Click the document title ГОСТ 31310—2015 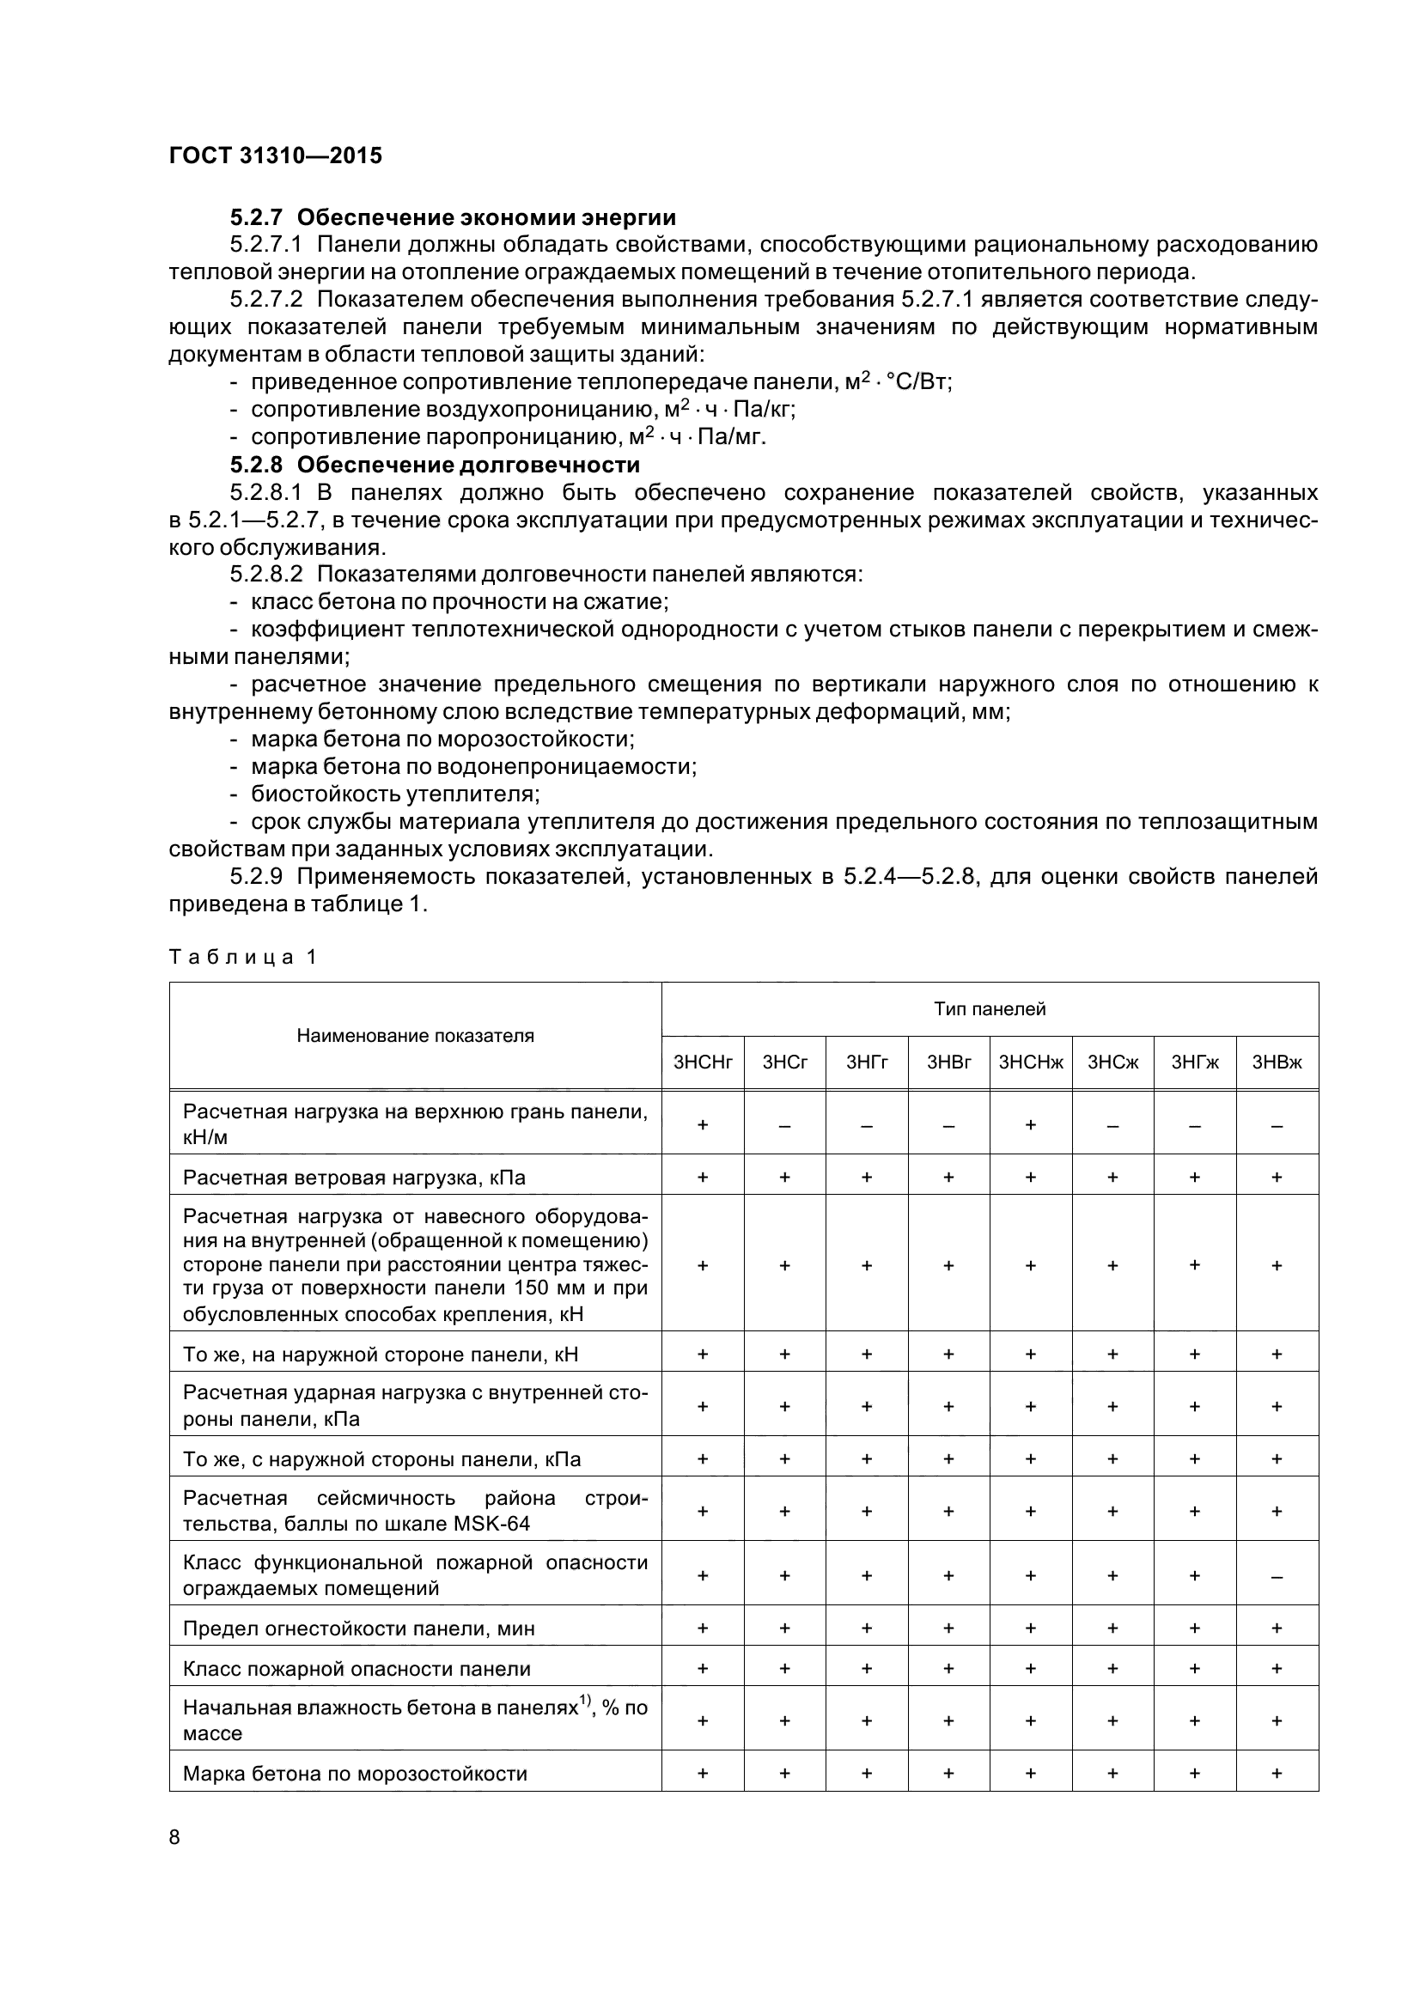pyautogui.click(x=276, y=155)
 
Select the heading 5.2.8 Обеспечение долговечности pyautogui.click(x=435, y=464)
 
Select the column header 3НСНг pyautogui.click(x=703, y=1062)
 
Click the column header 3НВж pyautogui.click(x=1277, y=1062)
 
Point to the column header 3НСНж pyautogui.click(x=1031, y=1062)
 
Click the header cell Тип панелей pyautogui.click(x=990, y=1009)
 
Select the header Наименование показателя pyautogui.click(x=415, y=1036)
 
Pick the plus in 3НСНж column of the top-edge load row pyautogui.click(x=1031, y=1124)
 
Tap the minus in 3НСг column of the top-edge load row pyautogui.click(x=785, y=1124)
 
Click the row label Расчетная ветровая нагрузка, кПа pyautogui.click(x=353, y=1177)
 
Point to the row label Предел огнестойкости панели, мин pyautogui.click(x=359, y=1629)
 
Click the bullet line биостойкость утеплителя pyautogui.click(x=394, y=794)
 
